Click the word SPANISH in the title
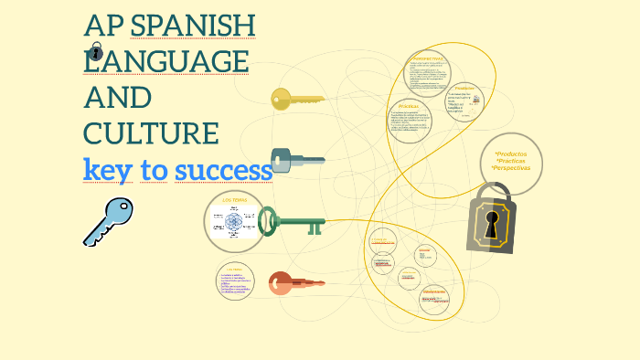193,26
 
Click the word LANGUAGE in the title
166,61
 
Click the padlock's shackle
493,194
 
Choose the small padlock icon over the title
96,51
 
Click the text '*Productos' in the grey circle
511,154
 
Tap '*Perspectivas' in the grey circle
511,168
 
